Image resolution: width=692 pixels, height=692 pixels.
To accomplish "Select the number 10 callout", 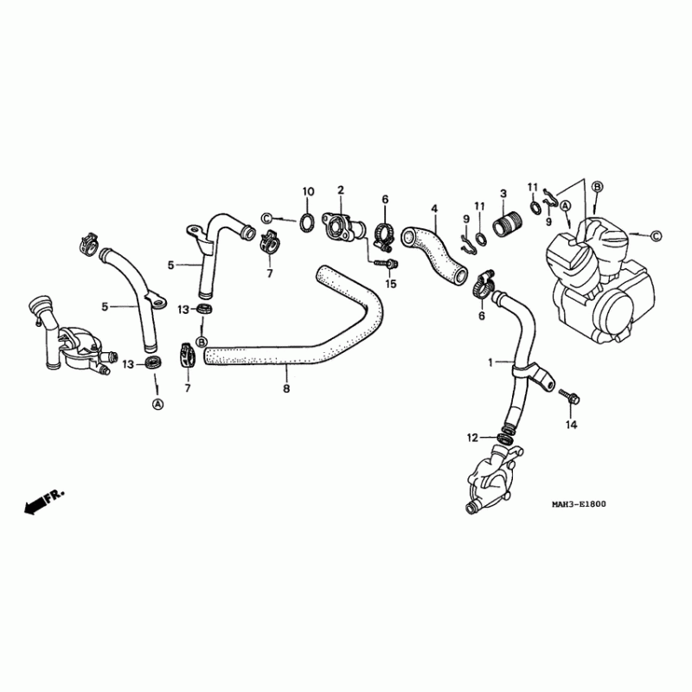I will (x=307, y=190).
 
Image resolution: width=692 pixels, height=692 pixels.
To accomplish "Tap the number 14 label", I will (x=571, y=424).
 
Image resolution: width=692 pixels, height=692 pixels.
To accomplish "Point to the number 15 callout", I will (x=391, y=284).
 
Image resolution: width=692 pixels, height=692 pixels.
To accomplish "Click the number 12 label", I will (x=472, y=439).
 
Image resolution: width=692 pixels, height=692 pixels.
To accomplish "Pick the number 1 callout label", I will (x=491, y=363).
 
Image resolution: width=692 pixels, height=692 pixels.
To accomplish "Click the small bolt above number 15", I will (x=388, y=262).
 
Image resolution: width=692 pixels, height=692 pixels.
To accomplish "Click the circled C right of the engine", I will (x=655, y=235).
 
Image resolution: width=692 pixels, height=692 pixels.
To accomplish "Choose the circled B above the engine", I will (x=597, y=186).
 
